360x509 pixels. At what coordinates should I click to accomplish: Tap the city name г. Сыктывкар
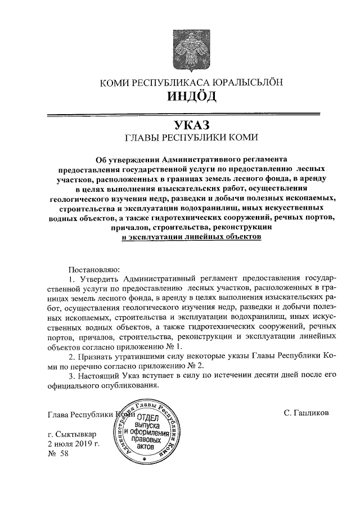pos(73,435)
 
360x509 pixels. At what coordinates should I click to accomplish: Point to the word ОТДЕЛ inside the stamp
pos(145,418)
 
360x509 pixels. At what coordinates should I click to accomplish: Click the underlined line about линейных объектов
pos(192,238)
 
